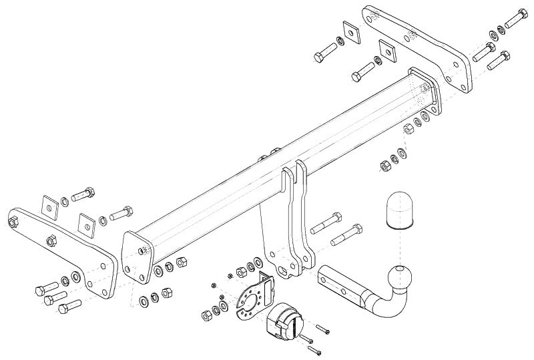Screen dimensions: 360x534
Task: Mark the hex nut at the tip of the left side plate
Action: [51, 240]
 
